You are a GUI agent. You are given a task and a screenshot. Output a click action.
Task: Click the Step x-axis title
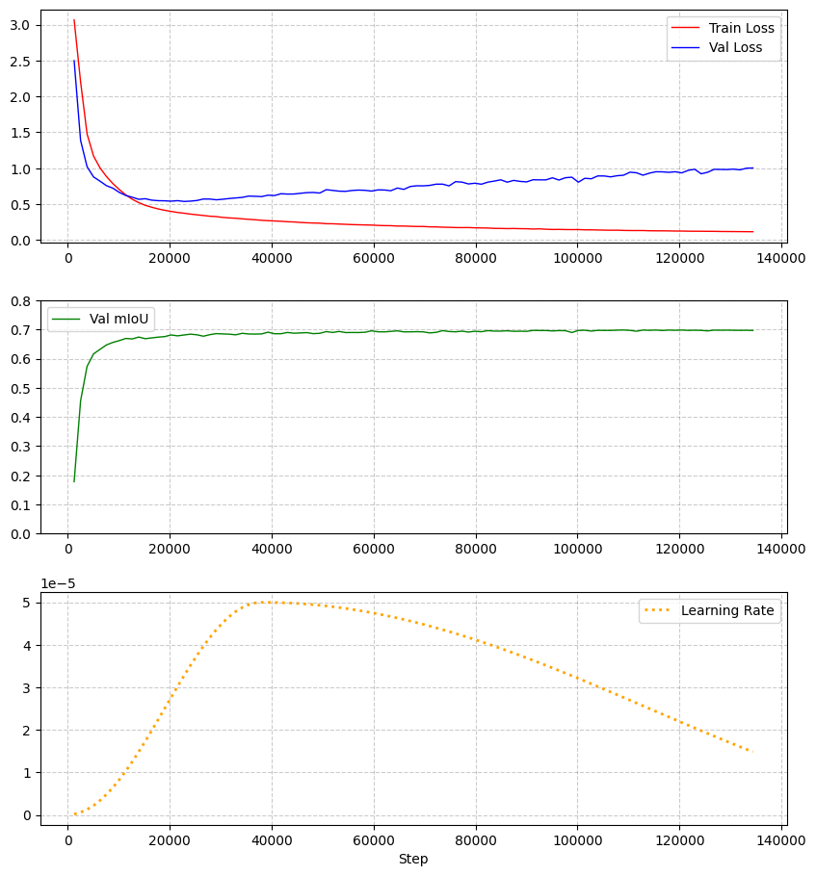coord(413,859)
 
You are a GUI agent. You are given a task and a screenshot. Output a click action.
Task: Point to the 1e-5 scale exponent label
coord(59,583)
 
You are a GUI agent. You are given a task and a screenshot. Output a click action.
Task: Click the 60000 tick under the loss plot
coord(373,258)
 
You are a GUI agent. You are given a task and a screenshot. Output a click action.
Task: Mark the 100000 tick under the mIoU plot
coord(576,550)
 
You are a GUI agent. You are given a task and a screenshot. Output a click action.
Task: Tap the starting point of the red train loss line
coord(74,20)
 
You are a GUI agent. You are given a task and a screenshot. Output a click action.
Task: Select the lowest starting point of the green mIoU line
coord(74,481)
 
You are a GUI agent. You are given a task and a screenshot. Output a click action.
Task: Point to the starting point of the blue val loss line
coord(74,61)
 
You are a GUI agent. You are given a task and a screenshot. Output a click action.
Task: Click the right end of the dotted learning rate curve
coord(751,752)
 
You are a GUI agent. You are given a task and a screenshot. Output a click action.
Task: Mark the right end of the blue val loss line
coord(752,168)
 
